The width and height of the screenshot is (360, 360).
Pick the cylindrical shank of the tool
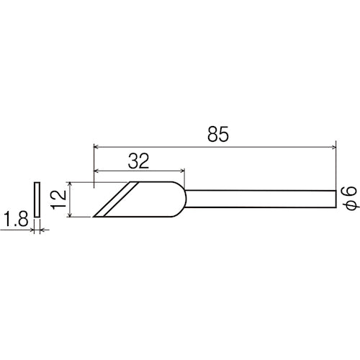[x=259, y=199]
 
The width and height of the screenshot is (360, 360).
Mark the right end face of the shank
[x=336, y=199]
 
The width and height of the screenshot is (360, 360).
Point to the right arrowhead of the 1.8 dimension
[x=41, y=230]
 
